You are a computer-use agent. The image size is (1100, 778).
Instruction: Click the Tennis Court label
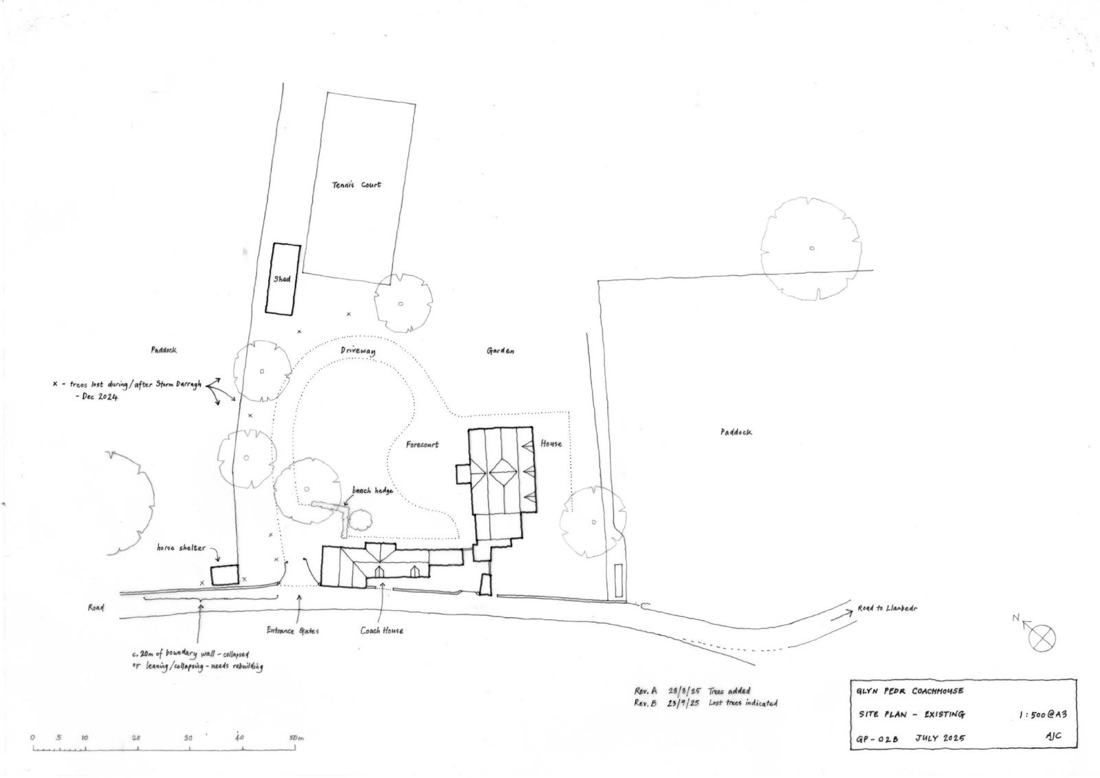pyautogui.click(x=356, y=185)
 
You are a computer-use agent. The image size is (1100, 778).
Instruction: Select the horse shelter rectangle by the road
pyautogui.click(x=224, y=576)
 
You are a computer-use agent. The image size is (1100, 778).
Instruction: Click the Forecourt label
pyautogui.click(x=422, y=445)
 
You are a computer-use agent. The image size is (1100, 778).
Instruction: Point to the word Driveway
pyautogui.click(x=358, y=352)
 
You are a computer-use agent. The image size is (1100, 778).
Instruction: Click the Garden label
pyautogui.click(x=500, y=351)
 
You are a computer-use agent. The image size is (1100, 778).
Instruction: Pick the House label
pyautogui.click(x=551, y=444)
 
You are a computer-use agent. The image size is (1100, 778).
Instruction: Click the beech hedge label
pyautogui.click(x=372, y=490)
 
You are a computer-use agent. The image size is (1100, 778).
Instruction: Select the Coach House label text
pyautogui.click(x=382, y=631)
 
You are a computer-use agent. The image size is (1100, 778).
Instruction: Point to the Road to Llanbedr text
pyautogui.click(x=887, y=609)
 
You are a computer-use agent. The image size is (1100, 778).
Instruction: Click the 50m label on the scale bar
pyautogui.click(x=296, y=738)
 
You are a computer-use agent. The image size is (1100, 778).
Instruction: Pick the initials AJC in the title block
pyautogui.click(x=1053, y=736)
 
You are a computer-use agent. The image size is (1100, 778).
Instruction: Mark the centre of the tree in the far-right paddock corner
pyautogui.click(x=811, y=248)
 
